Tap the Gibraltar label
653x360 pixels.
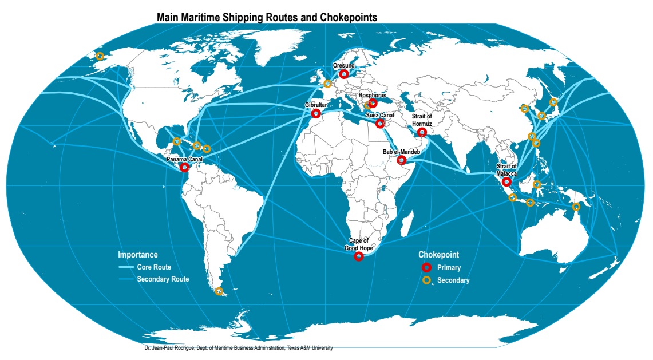tap(316, 105)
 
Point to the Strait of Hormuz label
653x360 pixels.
tap(422, 120)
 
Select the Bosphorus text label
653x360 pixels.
tap(373, 96)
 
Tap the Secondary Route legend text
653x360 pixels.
tap(163, 279)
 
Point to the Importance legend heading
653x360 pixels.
tap(138, 255)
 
